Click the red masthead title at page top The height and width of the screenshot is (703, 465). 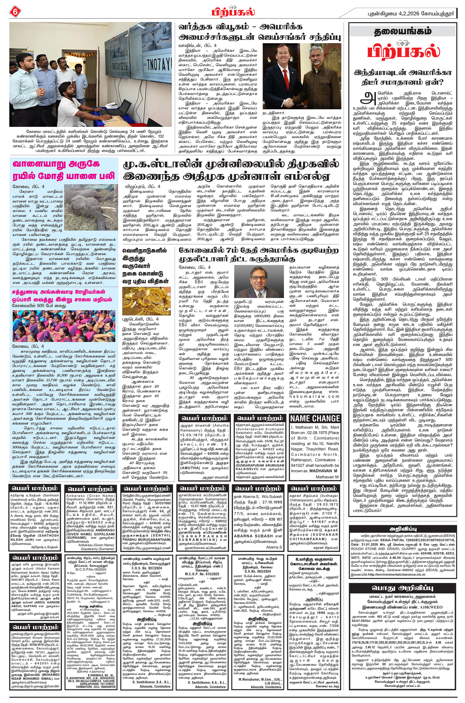tap(233, 12)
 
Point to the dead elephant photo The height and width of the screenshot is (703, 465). tap(91, 207)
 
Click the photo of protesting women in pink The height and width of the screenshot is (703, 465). tap(64, 326)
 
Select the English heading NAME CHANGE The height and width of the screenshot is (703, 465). tap(315, 418)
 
